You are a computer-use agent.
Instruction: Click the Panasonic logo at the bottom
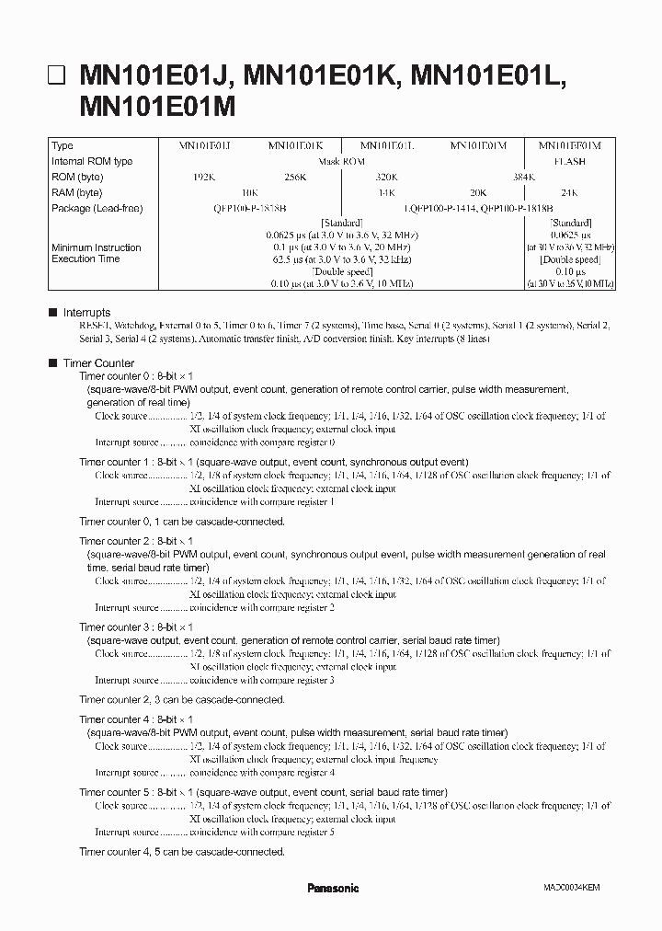coord(332,888)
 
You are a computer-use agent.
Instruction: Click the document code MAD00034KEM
coord(571,889)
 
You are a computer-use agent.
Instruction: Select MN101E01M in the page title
coord(158,107)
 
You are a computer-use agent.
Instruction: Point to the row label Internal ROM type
coord(92,161)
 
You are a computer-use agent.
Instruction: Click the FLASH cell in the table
coord(570,161)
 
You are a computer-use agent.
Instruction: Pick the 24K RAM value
coord(570,192)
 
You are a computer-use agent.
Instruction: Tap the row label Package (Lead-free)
coord(97,208)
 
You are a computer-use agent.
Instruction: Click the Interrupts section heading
coord(86,313)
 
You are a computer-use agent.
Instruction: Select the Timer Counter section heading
coord(98,363)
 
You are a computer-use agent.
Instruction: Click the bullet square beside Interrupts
coord(53,313)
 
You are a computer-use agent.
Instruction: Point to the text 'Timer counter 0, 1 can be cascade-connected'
coord(182,521)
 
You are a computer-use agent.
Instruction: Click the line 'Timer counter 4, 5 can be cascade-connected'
coord(182,851)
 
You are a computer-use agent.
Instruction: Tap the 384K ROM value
coord(478,177)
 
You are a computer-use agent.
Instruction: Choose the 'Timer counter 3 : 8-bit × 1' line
coord(136,626)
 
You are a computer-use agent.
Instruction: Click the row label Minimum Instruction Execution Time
coord(97,253)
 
